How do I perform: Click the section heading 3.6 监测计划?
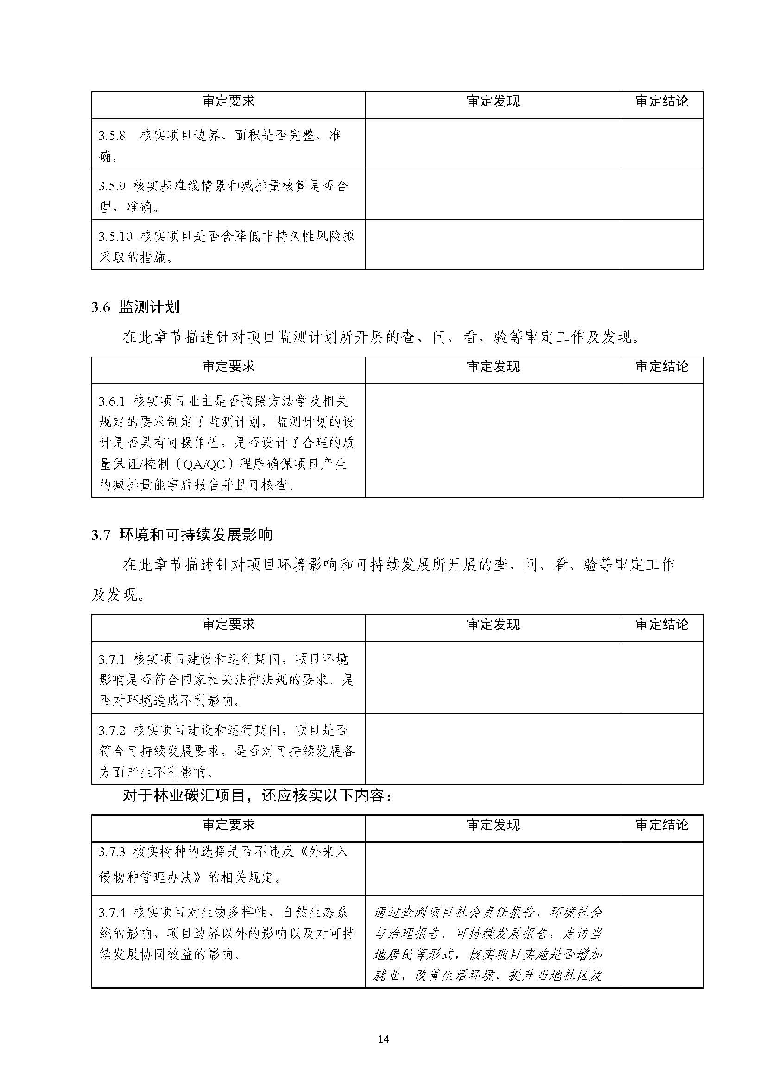click(x=135, y=307)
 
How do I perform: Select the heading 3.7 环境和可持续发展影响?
click(x=182, y=535)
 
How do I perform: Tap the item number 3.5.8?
click(x=112, y=136)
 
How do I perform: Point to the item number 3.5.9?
click(x=112, y=186)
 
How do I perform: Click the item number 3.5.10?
click(x=115, y=236)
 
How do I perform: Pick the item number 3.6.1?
click(x=112, y=401)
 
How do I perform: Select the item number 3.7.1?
click(x=112, y=658)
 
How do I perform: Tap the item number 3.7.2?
click(x=112, y=730)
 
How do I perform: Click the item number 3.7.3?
click(x=112, y=852)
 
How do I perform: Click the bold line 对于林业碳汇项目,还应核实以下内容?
click(x=257, y=796)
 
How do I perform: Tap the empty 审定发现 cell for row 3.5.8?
click(x=493, y=144)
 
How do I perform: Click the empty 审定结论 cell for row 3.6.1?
click(x=662, y=440)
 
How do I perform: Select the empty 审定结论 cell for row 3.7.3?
click(x=662, y=869)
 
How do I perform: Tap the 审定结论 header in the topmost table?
click(x=662, y=101)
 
